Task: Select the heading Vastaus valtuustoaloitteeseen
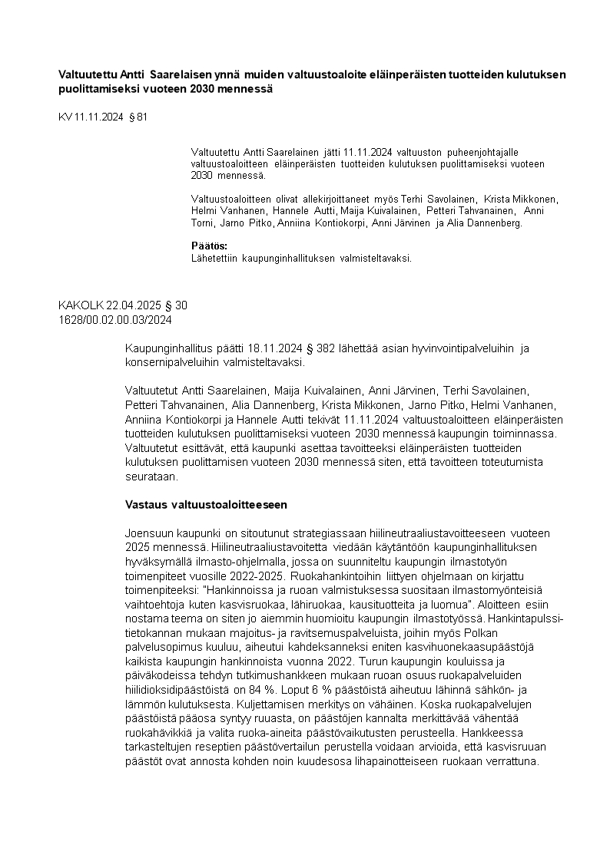pos(206,504)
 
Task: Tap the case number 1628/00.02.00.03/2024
pos(114,319)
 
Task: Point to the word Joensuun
pos(150,532)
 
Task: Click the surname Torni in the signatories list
pos(203,223)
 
